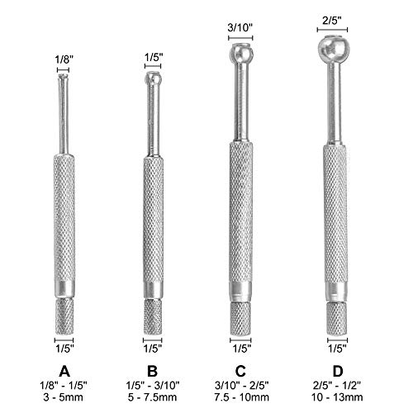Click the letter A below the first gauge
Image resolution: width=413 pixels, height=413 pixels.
click(x=64, y=366)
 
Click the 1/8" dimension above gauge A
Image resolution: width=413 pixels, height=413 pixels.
click(x=64, y=59)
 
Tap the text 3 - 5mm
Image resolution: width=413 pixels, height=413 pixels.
click(x=64, y=396)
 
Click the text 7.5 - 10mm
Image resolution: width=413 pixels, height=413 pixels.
click(x=242, y=396)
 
